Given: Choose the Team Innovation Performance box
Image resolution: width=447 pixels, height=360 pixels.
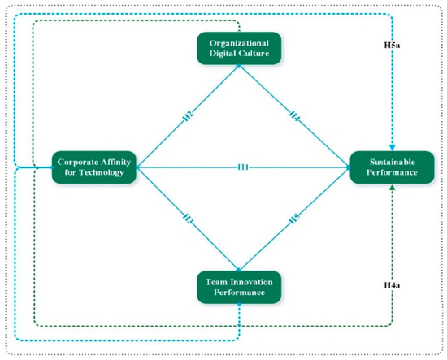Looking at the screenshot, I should (x=237, y=287).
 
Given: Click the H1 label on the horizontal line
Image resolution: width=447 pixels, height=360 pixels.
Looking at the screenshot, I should (x=242, y=167).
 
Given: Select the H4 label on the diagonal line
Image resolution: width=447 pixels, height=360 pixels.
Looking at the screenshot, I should (x=292, y=115).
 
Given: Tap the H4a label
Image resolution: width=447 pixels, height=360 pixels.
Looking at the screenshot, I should (x=393, y=286).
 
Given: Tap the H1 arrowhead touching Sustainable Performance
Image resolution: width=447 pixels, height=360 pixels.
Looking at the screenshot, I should (x=347, y=167).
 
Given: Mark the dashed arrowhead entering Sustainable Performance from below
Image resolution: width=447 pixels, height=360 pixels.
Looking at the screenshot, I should (x=393, y=188).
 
